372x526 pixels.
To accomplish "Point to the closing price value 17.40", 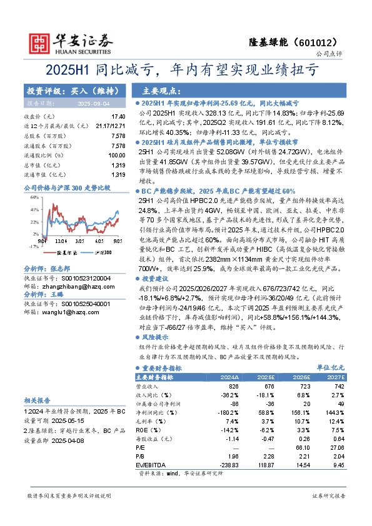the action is [118, 117].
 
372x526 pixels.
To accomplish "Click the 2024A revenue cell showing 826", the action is [233, 387].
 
